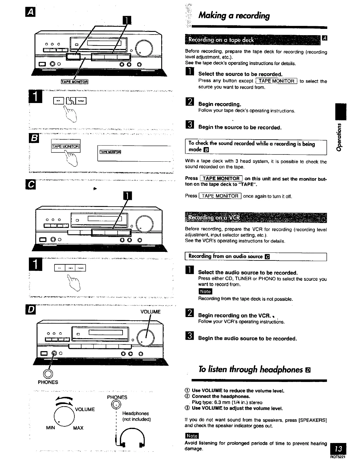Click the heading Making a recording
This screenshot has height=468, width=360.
point(234,15)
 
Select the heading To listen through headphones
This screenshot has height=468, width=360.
point(251,369)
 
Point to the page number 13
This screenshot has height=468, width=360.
point(339,449)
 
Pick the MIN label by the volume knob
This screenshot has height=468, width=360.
point(51,428)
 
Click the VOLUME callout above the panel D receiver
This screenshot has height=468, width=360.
point(150,312)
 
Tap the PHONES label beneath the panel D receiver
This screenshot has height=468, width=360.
point(48,382)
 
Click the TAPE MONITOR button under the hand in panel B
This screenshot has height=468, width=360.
point(66,146)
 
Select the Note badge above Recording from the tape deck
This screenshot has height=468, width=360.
point(205,291)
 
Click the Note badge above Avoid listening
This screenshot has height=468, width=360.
point(192,436)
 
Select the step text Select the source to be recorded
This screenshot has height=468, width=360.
point(240,74)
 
